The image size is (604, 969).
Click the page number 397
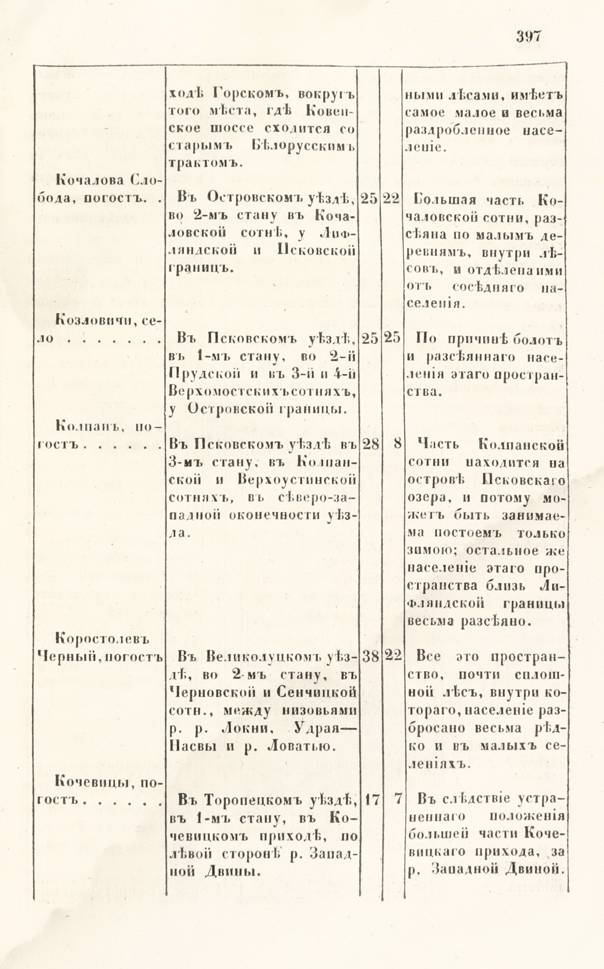527,37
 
